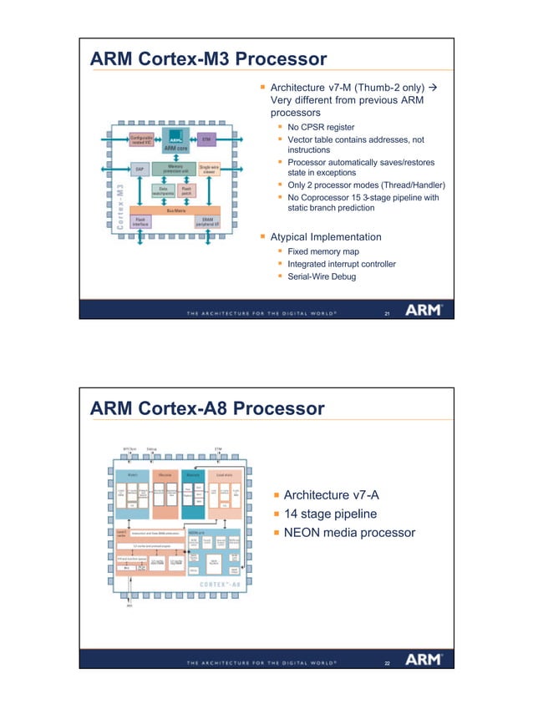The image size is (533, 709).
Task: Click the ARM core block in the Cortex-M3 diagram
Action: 175,143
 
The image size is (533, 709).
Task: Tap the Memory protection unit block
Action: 175,169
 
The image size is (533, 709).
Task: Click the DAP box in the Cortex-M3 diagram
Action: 140,170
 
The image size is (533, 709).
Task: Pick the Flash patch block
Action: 188,190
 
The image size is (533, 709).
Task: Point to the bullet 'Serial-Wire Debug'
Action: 322,276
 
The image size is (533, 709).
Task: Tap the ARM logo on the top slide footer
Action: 424,310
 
